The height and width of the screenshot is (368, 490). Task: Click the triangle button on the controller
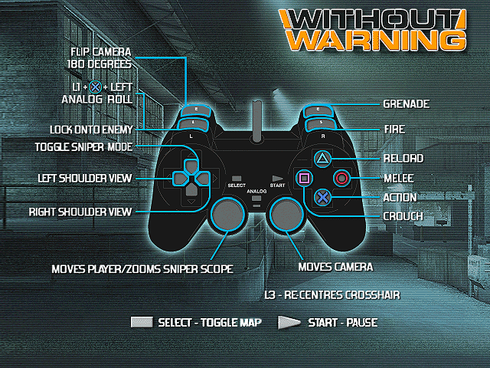tap(322, 159)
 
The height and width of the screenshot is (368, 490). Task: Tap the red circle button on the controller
tap(341, 178)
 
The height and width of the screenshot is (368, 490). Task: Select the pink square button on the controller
tap(304, 178)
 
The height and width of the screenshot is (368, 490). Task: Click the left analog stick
tap(227, 214)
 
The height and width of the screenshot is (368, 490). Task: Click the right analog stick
tap(286, 214)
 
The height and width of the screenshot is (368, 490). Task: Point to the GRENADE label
tap(407, 104)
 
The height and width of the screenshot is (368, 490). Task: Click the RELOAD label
tap(403, 159)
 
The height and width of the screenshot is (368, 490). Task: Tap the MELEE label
tap(399, 179)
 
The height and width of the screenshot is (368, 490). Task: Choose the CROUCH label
tap(403, 216)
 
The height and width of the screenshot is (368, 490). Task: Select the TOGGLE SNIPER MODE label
tap(83, 146)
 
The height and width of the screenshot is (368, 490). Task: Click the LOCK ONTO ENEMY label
tap(91, 130)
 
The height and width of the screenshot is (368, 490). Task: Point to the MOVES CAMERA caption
tap(335, 267)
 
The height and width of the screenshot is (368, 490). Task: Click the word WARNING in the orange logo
tap(376, 41)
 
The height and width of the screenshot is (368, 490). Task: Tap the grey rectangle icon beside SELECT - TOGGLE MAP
tap(142, 322)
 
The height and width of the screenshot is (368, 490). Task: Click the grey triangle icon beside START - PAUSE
tap(289, 323)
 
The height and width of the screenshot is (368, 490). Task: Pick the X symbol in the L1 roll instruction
tap(95, 87)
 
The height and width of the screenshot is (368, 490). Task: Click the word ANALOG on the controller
tap(256, 191)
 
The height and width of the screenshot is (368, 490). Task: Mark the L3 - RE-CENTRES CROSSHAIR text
tap(332, 295)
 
